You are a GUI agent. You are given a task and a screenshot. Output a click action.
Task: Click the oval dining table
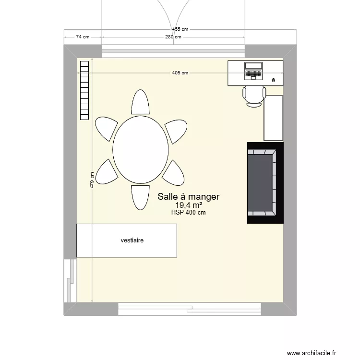141,149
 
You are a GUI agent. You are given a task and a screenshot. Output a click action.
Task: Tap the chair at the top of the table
140,103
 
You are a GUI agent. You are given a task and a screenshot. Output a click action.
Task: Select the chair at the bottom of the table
140,197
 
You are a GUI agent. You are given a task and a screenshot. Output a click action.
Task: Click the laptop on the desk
253,71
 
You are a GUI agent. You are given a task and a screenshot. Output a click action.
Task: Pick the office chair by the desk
254,95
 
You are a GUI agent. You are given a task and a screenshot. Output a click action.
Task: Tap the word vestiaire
132,240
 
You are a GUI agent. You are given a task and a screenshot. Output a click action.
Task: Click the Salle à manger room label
189,196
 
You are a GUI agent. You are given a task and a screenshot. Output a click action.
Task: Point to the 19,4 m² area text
189,205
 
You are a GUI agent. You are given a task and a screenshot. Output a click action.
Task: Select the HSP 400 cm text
188,212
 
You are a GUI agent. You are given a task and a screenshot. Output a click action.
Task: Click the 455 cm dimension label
180,29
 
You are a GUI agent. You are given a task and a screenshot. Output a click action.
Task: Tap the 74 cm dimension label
83,36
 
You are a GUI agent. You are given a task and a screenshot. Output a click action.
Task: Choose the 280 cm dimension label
173,36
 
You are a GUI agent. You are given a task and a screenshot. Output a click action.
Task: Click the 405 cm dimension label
180,73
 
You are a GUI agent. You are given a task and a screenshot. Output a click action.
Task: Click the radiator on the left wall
84,90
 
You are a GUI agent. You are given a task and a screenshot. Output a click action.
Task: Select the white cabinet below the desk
274,118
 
